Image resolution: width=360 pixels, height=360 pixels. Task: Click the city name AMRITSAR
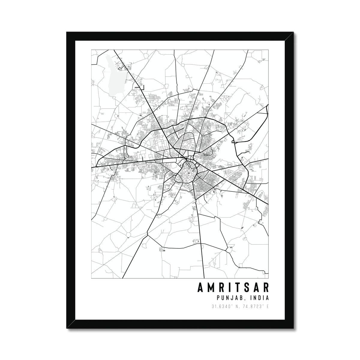pos(233,287)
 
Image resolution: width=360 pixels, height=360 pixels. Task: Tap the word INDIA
pos(257,298)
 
